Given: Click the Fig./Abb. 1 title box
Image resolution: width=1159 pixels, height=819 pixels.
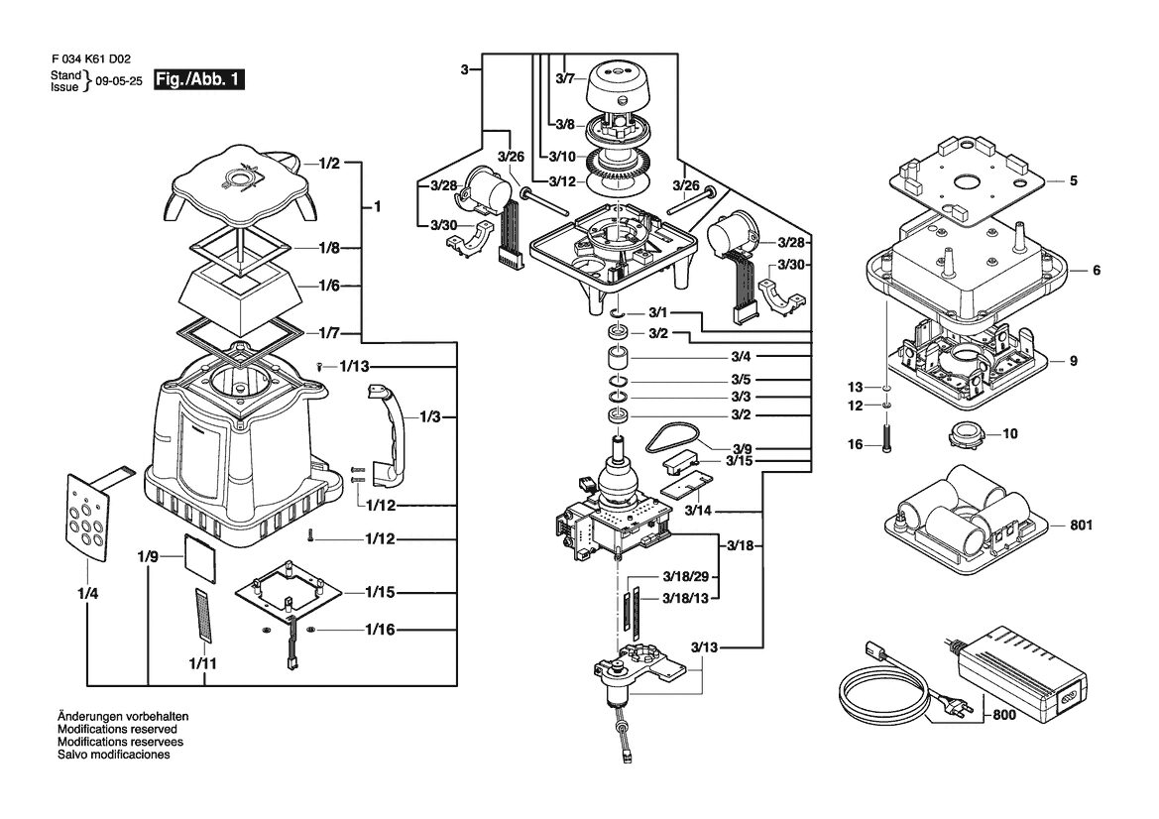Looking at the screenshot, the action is (x=199, y=80).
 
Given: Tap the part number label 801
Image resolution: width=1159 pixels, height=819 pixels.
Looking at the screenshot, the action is (x=1081, y=526).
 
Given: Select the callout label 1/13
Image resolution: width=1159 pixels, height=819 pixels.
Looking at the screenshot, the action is (x=354, y=367).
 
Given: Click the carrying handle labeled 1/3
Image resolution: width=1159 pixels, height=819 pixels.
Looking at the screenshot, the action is (x=390, y=436).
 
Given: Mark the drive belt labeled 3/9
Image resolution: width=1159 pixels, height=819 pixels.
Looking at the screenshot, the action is (x=672, y=439).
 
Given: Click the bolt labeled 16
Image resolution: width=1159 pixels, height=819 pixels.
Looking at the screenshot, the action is (x=887, y=438).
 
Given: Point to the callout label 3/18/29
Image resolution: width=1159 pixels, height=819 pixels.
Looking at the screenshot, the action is (x=685, y=576).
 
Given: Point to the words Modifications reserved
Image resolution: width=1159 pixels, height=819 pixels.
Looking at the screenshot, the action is (x=118, y=729).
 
